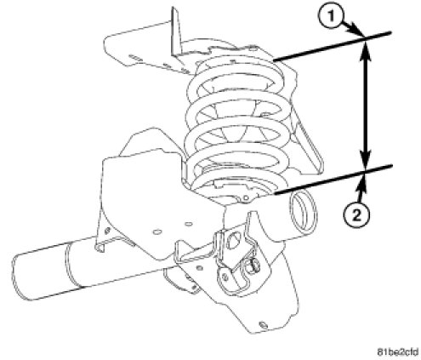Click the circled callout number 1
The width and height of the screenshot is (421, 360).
coord(331,16)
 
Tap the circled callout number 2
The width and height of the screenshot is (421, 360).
coord(356,216)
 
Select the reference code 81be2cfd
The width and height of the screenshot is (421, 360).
coord(398,352)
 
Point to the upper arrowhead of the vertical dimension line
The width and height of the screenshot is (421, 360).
coord(366,52)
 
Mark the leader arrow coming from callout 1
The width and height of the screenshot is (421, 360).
coord(353,29)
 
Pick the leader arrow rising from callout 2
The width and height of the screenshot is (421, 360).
coord(362,188)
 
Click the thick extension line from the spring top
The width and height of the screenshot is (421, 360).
coord(333,47)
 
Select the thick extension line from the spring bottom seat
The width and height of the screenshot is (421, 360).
coord(333,180)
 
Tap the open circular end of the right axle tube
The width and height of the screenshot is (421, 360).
coord(302,209)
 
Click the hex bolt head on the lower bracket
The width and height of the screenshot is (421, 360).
coord(253,267)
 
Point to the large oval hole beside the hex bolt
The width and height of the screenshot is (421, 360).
coord(232,240)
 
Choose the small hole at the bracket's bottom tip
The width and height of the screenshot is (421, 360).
coord(263,324)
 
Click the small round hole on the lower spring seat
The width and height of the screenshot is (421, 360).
coord(246,197)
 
